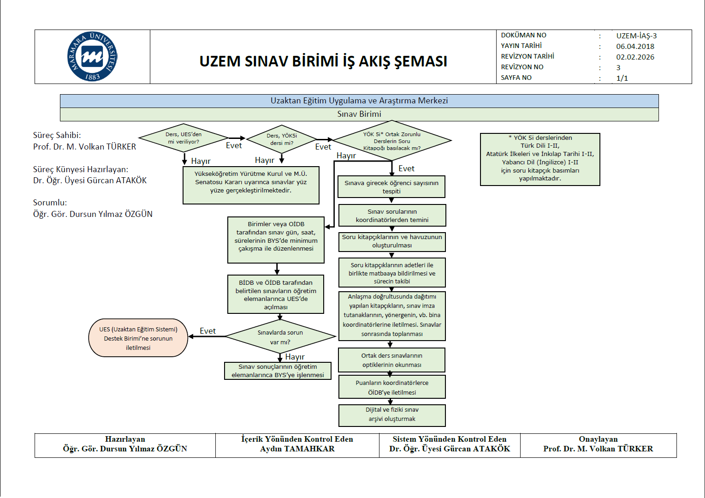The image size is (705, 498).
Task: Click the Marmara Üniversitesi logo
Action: click(92, 57)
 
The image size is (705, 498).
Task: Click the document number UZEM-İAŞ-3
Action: click(636, 36)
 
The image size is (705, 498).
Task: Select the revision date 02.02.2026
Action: click(635, 57)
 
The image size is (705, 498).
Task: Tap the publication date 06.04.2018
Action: click(635, 46)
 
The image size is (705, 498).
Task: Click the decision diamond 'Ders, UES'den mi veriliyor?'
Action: click(184, 138)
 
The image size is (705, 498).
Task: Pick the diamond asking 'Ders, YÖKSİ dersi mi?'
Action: click(282, 139)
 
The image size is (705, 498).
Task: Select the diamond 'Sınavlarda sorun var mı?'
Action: click(280, 337)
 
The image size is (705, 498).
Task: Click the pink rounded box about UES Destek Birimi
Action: click(138, 338)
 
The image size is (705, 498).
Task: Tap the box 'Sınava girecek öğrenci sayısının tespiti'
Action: click(391, 187)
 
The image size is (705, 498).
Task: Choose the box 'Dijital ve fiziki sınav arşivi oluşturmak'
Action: click(392, 414)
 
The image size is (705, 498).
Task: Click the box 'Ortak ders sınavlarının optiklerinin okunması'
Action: click(391, 360)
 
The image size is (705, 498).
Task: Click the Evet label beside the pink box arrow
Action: click(207, 331)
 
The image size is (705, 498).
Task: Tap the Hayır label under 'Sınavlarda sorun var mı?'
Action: click(295, 357)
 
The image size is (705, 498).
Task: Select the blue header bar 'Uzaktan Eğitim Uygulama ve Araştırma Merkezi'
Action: click(359, 101)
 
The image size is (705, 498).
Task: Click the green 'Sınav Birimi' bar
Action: click(359, 114)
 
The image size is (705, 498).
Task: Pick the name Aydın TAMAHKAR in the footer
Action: click(297, 449)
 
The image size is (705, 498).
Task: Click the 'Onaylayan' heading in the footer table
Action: click(598, 439)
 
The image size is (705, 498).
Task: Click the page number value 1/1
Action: click(622, 78)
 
